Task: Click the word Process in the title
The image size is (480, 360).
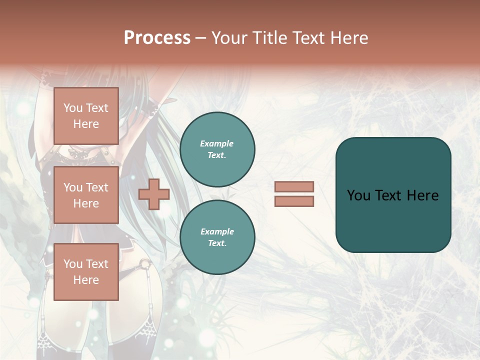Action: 157,38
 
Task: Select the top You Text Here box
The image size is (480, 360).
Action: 86,116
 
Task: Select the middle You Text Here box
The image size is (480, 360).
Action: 86,195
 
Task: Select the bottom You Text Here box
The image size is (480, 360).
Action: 86,271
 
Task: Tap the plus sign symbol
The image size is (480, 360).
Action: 154,194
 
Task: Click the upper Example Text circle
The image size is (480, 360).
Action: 217,149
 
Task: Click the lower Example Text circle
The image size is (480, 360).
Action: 217,237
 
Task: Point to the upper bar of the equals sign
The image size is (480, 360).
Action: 294,186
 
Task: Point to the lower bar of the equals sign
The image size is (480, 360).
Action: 294,201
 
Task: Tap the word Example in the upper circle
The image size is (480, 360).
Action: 217,143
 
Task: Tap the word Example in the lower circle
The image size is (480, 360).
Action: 217,231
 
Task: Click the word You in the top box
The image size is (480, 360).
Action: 72,108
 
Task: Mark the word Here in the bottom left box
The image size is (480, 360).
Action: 86,280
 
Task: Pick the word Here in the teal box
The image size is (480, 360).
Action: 422,195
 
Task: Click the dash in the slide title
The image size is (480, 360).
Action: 200,38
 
